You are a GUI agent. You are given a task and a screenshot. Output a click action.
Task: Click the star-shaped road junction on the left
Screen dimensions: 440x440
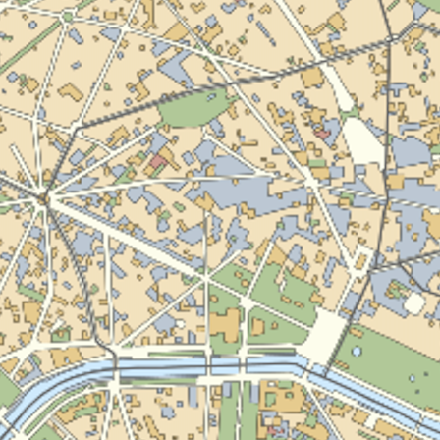(x=43, y=199)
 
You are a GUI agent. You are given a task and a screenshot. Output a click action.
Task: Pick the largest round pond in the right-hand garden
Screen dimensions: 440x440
(x=356, y=351)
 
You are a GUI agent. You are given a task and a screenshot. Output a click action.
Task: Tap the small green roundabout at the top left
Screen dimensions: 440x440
(x=67, y=17)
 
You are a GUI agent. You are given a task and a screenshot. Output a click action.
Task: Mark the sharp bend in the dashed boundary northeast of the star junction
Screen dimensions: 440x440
(x=75, y=129)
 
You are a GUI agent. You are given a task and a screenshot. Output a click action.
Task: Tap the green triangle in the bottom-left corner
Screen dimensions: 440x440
(x=8, y=391)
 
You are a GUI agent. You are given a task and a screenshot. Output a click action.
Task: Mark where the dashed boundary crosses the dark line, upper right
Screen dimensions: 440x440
(x=391, y=39)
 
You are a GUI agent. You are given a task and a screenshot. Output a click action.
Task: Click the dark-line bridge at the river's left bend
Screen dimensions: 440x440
(x=115, y=364)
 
